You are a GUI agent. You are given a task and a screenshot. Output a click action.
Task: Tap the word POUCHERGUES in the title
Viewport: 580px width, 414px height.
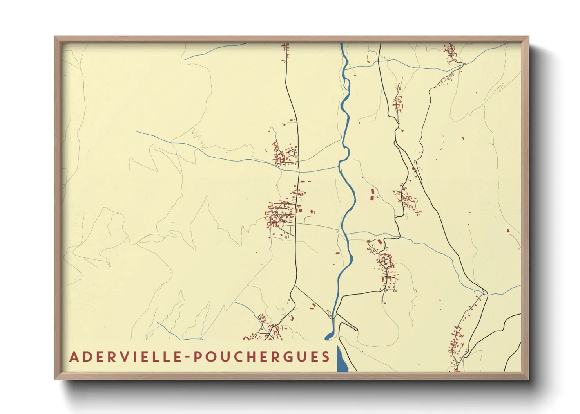[262, 357]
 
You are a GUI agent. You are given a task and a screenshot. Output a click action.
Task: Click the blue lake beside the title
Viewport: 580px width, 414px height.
[342, 360]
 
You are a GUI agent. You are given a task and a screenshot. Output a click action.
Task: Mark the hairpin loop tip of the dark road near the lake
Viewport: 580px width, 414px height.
[356, 329]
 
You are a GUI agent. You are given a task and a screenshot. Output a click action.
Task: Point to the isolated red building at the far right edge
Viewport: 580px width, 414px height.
[508, 230]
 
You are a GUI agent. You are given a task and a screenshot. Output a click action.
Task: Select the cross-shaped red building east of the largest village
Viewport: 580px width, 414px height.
[312, 212]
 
